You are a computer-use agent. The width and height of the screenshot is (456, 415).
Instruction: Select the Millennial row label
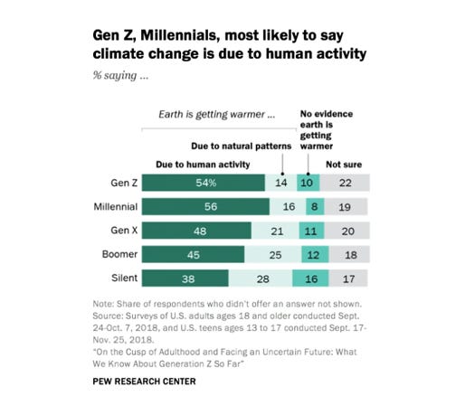[x=114, y=207]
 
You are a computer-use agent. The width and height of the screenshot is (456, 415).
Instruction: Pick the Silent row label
[x=122, y=279]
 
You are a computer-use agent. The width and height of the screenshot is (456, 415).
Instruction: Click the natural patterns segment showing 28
[x=262, y=279]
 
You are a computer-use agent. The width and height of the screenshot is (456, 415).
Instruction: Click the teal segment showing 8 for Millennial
[x=311, y=207]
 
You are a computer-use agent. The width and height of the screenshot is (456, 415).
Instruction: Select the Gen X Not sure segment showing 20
[x=345, y=231]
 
